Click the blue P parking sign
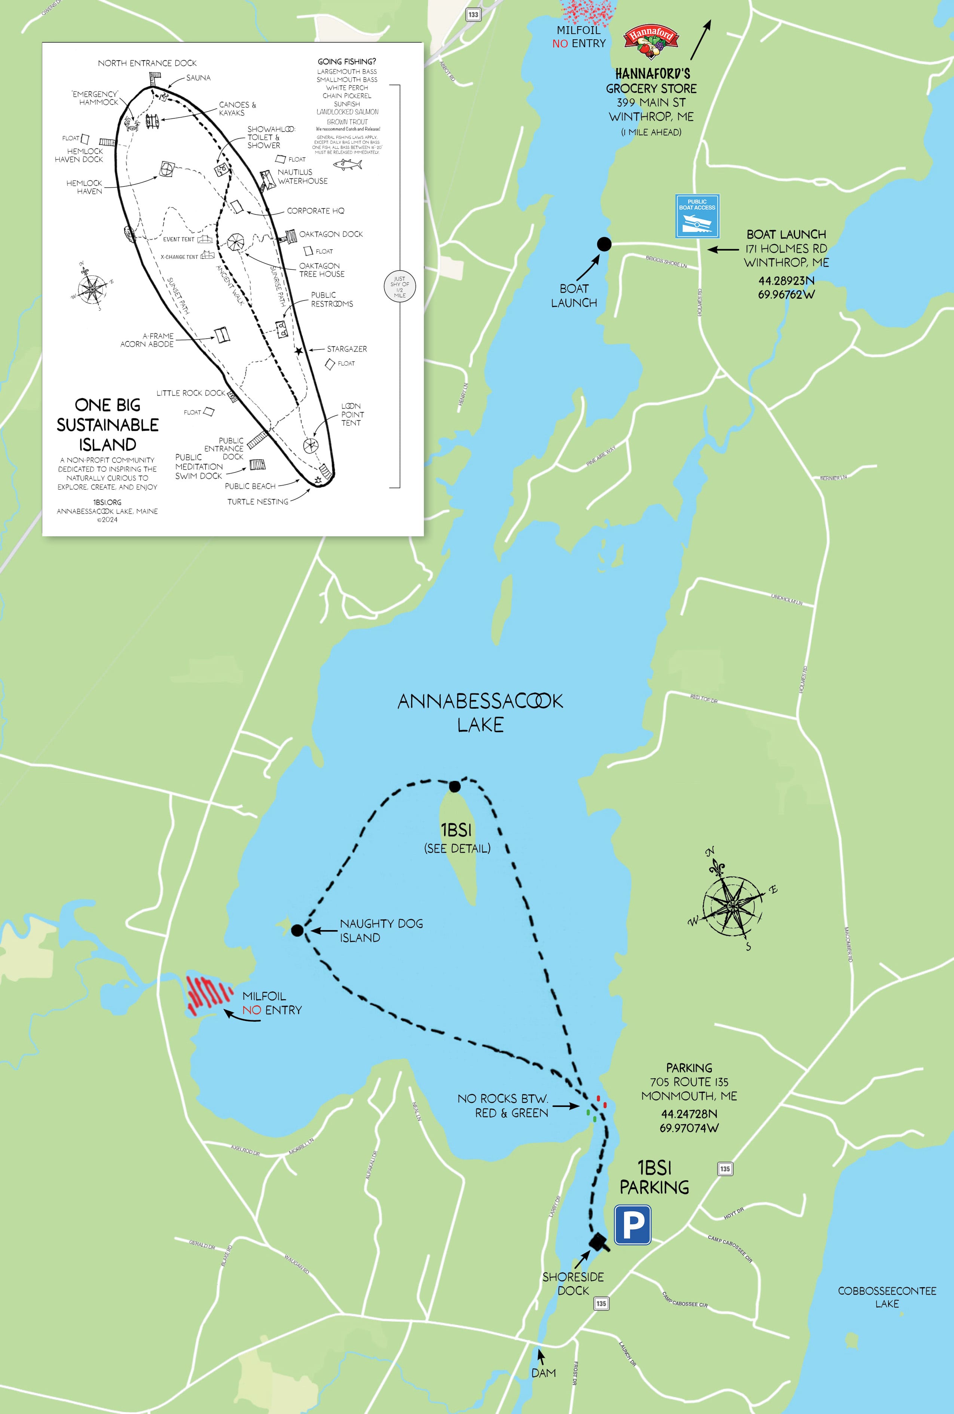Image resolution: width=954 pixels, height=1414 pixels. pos(633,1225)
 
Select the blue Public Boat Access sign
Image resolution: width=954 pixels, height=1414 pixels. pos(697,216)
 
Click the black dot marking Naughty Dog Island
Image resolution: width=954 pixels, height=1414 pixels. pos(297,930)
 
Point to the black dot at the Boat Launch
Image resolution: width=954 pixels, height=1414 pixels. pos(604,244)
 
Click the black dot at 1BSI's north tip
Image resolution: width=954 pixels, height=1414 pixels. pos(455,786)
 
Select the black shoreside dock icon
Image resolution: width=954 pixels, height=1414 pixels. pos(599,1241)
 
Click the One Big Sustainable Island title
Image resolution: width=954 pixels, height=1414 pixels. pos(108,424)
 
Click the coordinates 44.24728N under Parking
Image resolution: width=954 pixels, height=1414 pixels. pos(689,1114)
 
